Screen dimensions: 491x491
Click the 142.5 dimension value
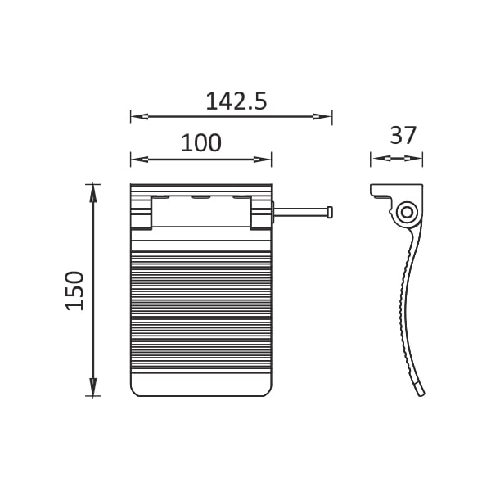coord(236,101)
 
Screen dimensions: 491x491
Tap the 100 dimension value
coord(201,143)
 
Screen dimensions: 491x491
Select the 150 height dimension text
coord(74,291)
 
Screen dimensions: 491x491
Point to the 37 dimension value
coord(403,135)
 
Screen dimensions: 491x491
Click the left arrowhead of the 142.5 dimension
coord(139,117)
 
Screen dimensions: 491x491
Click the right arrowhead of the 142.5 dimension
coord(322,117)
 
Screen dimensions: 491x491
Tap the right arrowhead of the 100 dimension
coord(263,160)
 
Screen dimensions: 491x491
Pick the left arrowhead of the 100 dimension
coord(139,160)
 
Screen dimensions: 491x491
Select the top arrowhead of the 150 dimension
coord(93,193)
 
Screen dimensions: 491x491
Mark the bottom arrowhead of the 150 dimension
coord(93,387)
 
